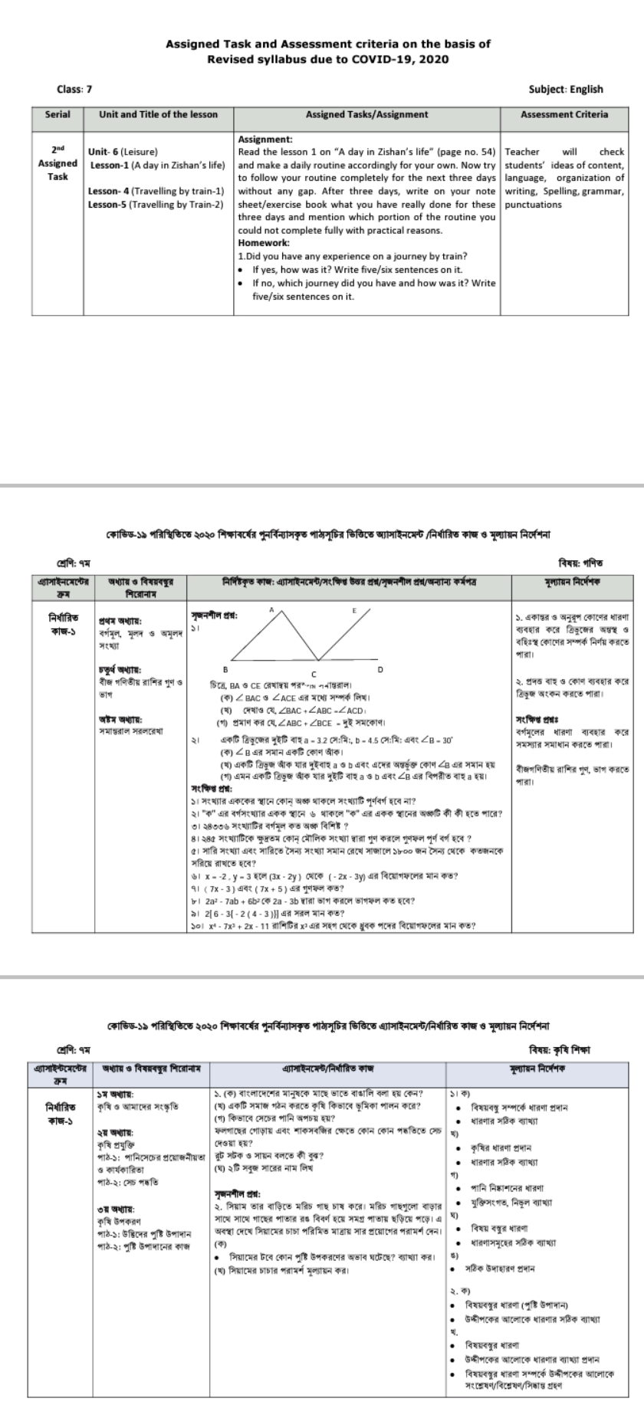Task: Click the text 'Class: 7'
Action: click(x=74, y=89)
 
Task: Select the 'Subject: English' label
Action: click(x=566, y=89)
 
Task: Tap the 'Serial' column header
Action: click(x=58, y=114)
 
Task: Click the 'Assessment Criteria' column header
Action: click(x=563, y=114)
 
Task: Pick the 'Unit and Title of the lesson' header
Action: click(x=158, y=114)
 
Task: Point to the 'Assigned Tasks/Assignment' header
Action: click(x=366, y=114)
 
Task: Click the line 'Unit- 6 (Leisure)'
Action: click(x=123, y=152)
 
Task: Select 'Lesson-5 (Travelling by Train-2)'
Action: click(x=156, y=205)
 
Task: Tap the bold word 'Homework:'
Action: click(x=263, y=243)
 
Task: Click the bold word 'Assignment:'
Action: click(x=265, y=140)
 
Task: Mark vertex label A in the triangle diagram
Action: click(x=271, y=609)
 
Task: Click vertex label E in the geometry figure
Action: click(x=353, y=610)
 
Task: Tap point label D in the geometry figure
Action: click(x=381, y=669)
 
